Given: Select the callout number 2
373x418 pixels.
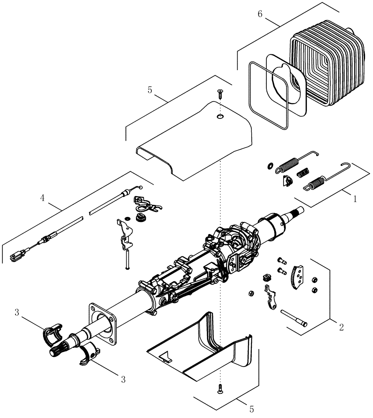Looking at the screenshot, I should tap(341, 327).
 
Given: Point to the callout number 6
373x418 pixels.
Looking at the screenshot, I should tap(260, 14).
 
